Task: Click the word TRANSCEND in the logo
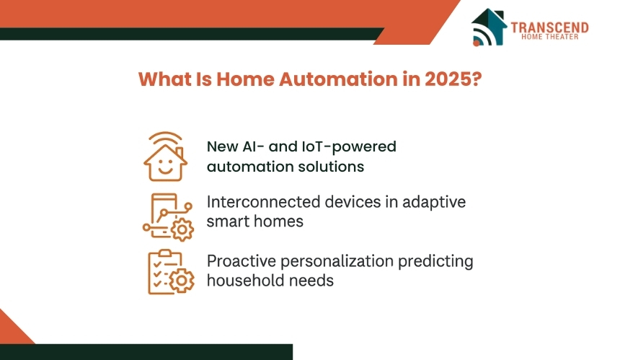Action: coord(549,27)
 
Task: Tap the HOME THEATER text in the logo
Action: coord(549,37)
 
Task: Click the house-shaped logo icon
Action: coord(489,27)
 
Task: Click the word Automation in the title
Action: coord(338,79)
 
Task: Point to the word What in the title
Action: coord(164,79)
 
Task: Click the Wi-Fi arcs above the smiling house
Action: coord(165,138)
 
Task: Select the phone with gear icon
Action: coord(169,216)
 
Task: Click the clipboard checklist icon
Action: coord(171,272)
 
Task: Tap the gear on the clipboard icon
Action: coord(182,281)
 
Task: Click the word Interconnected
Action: coord(263,202)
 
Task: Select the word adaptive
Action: coord(434,203)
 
